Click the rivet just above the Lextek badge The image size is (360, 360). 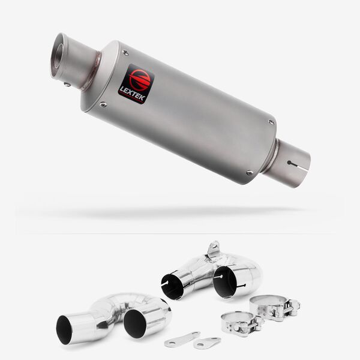pyautogui.click(x=125, y=53)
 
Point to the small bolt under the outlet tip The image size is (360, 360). pyautogui.click(x=67, y=85)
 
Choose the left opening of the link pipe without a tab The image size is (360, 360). pyautogui.click(x=64, y=330)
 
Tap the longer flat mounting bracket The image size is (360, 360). pyautogui.click(x=182, y=338)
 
